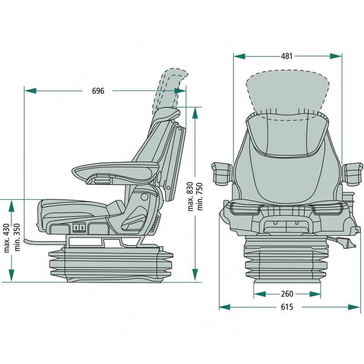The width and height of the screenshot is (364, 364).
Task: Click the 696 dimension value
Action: click(98, 91)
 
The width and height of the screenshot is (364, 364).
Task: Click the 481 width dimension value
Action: click(287, 56)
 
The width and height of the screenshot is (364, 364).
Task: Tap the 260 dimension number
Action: click(287, 294)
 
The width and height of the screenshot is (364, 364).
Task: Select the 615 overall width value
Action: click(287, 307)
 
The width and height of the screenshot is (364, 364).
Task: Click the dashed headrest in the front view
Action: click(287, 91)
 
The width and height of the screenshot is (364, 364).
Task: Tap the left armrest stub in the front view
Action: click(221, 173)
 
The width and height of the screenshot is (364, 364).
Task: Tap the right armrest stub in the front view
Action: click(354, 173)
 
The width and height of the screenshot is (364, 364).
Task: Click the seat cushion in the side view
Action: click(73, 209)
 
